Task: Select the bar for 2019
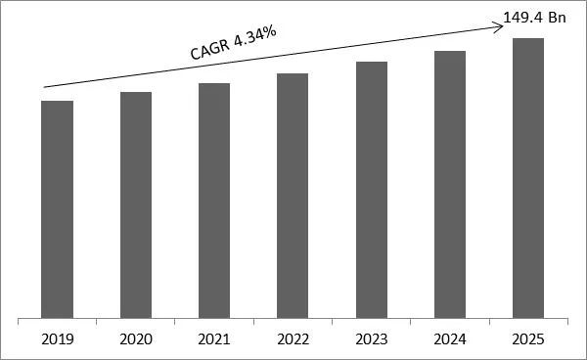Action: [57, 209]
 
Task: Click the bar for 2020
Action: [136, 205]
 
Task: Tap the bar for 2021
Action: [214, 201]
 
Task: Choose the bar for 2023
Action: [372, 190]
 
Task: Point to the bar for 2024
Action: [450, 185]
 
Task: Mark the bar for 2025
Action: [529, 178]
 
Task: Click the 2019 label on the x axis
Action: [57, 339]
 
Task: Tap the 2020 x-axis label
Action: [136, 339]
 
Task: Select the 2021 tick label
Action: [214, 339]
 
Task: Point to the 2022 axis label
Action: [293, 339]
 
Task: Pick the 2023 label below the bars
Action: [372, 339]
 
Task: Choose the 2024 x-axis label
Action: [450, 339]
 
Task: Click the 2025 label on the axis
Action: [529, 339]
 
